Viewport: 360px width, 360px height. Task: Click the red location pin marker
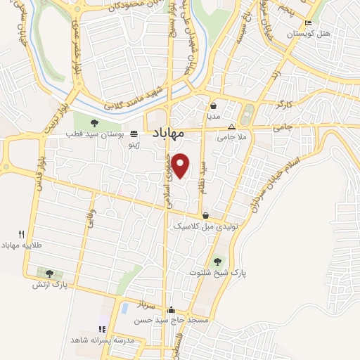[181, 164]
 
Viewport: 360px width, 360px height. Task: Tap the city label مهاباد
[167, 133]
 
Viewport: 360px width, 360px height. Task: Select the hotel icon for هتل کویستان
[307, 23]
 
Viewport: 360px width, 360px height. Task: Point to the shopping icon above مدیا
[213, 105]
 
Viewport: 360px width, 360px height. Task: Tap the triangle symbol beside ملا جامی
[232, 127]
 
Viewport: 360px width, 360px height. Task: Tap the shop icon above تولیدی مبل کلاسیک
[205, 216]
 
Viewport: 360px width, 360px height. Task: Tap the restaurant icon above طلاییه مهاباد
[22, 234]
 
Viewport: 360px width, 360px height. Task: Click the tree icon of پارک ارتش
[49, 274]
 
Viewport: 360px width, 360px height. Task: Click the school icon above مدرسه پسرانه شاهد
[102, 329]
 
